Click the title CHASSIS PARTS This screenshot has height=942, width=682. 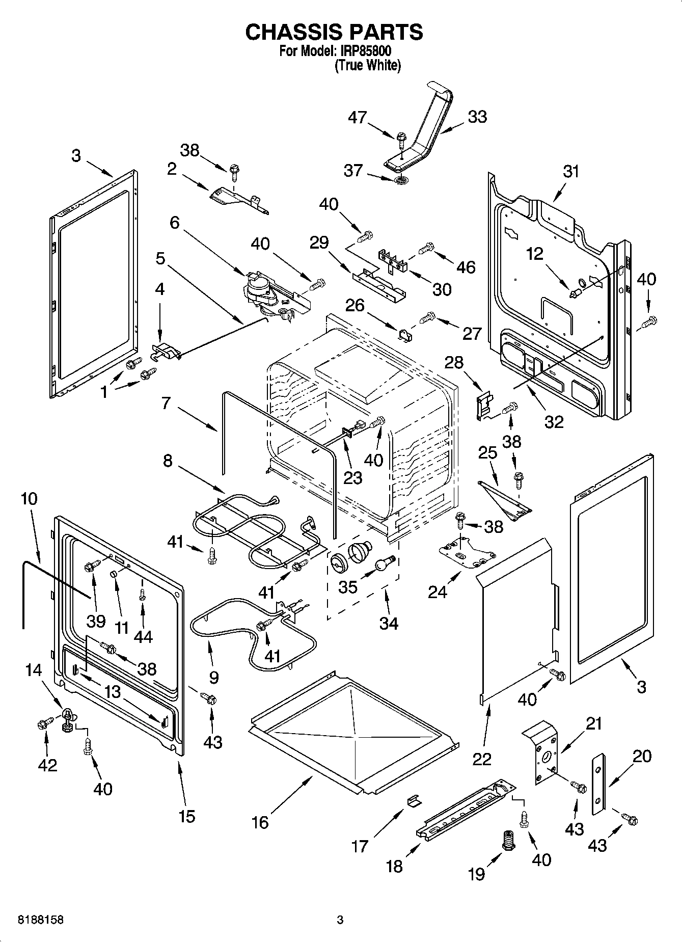334,32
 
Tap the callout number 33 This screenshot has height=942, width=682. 477,117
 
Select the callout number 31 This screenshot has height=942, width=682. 571,171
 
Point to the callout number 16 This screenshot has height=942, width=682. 260,822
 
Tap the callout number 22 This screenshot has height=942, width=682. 481,759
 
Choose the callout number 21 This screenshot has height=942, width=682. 594,723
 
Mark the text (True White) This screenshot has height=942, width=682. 367,66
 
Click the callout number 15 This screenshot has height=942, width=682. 187,816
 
